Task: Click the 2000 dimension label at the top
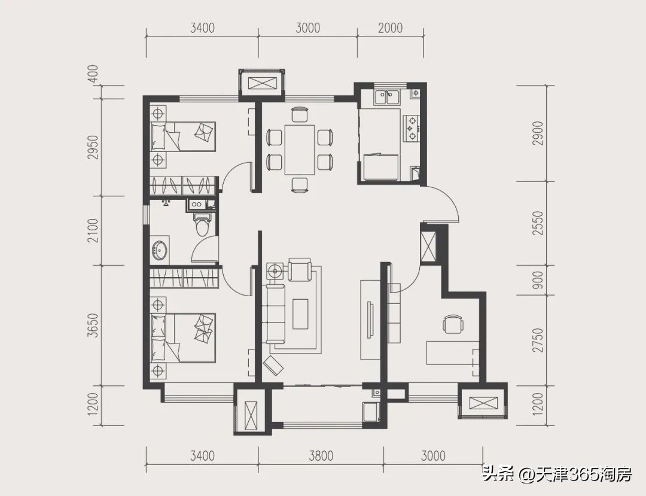390,28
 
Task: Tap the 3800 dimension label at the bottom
321,456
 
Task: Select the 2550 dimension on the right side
538,223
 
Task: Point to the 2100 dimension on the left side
93,230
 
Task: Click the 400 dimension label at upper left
93,74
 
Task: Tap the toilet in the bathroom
202,224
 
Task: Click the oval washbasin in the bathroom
160,249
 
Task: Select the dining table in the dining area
300,150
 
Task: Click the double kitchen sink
387,97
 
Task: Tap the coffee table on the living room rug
300,314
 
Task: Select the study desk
453,352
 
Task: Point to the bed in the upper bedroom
183,136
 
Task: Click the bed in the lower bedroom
183,337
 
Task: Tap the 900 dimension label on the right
538,280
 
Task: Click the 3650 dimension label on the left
93,325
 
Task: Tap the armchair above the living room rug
300,269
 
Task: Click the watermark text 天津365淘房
584,475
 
